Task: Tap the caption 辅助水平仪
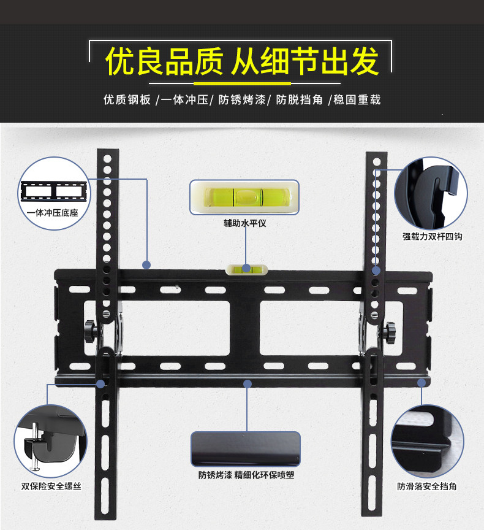244,224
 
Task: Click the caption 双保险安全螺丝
51,486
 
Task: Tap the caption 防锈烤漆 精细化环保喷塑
246,475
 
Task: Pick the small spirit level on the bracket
246,269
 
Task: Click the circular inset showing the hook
431,193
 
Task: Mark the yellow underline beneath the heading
241,83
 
